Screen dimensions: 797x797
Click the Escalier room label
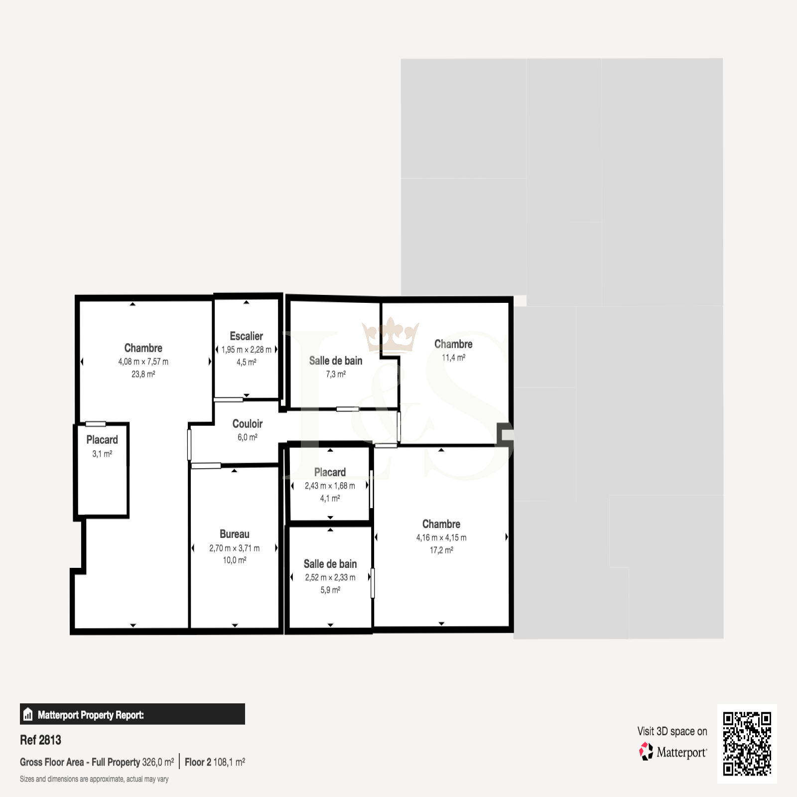click(246, 336)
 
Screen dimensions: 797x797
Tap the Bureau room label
click(235, 534)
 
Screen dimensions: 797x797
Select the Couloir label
click(248, 424)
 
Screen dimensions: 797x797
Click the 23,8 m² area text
click(143, 374)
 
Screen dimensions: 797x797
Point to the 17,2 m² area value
click(441, 550)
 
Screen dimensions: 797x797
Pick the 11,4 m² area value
click(453, 358)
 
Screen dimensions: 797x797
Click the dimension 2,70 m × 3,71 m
click(235, 548)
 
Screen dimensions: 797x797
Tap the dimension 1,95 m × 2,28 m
click(247, 350)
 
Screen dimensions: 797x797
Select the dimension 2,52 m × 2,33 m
click(330, 577)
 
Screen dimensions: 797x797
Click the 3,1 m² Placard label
click(102, 440)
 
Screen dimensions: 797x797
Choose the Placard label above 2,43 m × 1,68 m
click(330, 472)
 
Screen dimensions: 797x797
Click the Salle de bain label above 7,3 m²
click(336, 361)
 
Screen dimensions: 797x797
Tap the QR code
click(747, 744)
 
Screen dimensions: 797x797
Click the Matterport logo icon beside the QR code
click(646, 752)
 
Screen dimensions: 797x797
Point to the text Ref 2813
click(40, 740)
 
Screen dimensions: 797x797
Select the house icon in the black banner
click(28, 714)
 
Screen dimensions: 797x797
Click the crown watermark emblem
click(391, 335)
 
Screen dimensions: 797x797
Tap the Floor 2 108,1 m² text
click(215, 762)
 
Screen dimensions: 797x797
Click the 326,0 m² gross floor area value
click(158, 762)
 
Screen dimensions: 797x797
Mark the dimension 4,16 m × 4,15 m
click(441, 537)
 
